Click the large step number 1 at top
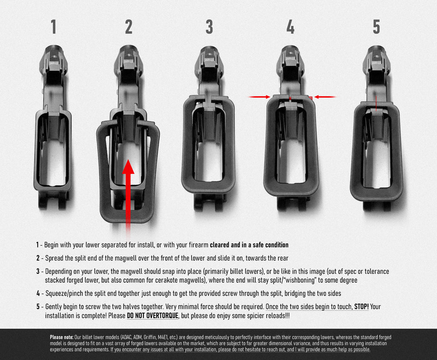[x=53, y=27]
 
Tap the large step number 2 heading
[x=128, y=27]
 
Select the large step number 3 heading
[x=209, y=27]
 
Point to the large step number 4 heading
[x=290, y=27]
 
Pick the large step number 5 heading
[x=376, y=27]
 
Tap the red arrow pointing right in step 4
[x=259, y=97]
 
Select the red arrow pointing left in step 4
[x=325, y=97]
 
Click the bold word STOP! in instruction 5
[x=361, y=307]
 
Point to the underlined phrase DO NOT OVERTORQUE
[x=152, y=316]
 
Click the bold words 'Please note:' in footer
[x=61, y=337]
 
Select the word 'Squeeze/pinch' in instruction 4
[x=64, y=294]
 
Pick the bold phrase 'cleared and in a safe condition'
[x=249, y=245]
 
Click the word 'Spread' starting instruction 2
[x=54, y=258]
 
